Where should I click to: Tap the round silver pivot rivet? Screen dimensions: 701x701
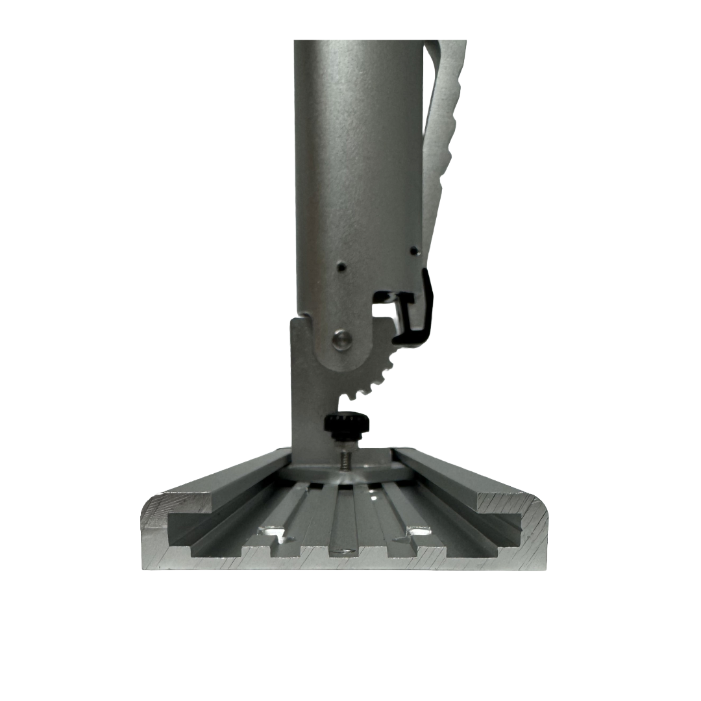point(341,339)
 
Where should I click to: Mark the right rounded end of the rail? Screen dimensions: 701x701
point(535,529)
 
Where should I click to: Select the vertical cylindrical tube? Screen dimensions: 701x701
point(357,162)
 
